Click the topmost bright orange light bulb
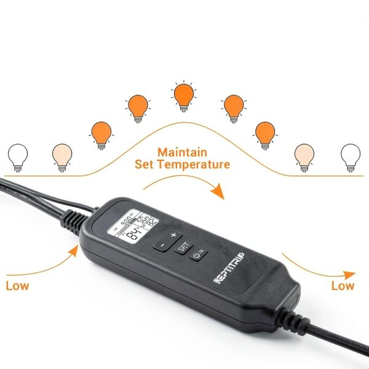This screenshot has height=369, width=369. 183,96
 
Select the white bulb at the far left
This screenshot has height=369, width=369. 18,156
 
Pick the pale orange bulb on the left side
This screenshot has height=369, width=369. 62,156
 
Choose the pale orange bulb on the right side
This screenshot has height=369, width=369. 304,156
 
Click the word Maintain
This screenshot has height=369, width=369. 182,152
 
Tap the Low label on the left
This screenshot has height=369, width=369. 17,285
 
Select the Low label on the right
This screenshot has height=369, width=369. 343,285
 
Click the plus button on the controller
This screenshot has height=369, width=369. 173,235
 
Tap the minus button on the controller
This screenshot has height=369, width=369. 161,245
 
